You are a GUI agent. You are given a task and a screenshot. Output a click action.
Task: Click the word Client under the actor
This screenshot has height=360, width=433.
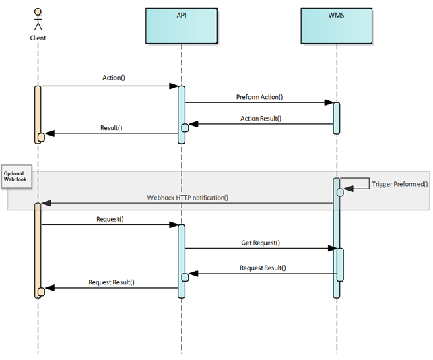[38, 38]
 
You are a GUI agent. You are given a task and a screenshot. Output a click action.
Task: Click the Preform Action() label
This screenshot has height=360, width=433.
[259, 96]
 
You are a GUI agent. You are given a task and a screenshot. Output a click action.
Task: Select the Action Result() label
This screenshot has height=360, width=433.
[261, 118]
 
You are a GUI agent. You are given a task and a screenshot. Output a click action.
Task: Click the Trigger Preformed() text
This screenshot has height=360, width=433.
[399, 183]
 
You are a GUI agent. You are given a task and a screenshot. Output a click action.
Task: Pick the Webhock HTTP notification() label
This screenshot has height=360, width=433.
[188, 197]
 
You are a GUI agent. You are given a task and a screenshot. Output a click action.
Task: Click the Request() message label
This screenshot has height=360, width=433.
[110, 219]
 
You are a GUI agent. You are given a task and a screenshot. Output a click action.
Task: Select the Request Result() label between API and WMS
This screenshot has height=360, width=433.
[263, 268]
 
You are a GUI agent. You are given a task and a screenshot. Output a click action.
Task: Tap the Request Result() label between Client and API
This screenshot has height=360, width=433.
[111, 282]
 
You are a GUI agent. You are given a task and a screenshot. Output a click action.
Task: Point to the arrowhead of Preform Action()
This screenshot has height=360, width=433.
[329, 103]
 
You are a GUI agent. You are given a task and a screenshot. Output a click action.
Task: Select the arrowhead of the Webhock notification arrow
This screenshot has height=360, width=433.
[45, 203]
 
